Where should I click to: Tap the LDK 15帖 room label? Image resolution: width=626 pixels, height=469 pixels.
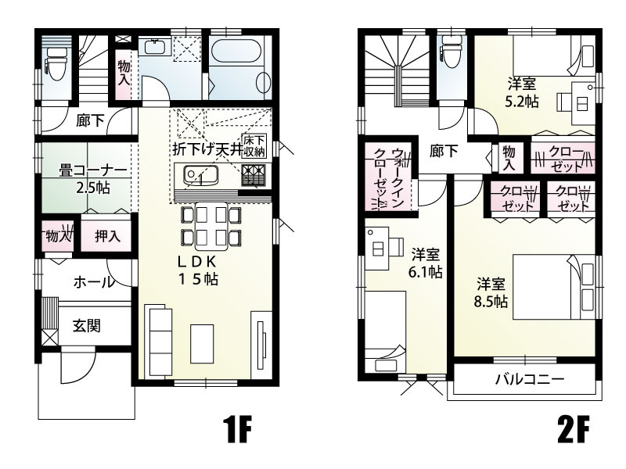[196, 270]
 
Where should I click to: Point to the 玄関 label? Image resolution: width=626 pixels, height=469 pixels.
[86, 326]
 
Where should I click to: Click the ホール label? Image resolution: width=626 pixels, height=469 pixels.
[90, 283]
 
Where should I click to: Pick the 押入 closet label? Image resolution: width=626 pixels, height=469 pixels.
[107, 235]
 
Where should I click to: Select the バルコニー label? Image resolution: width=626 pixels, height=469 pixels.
[529, 381]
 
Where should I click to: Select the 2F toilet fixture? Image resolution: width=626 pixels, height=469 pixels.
[452, 56]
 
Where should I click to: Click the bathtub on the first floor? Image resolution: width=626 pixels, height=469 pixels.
[239, 58]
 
